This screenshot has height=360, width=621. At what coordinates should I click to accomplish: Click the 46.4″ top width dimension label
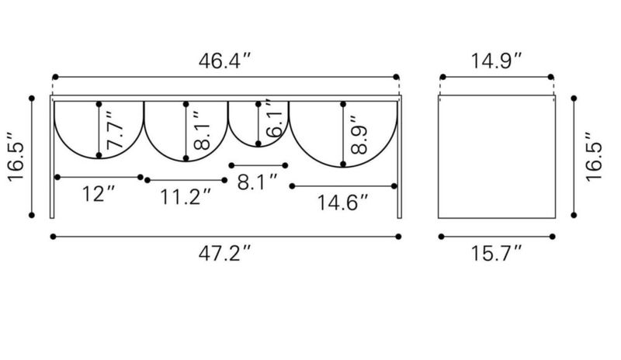[224, 61]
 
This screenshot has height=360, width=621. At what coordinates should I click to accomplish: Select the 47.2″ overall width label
[224, 253]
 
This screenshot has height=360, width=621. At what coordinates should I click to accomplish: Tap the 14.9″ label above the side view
[496, 61]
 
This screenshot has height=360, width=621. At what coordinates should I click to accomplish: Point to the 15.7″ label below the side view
[496, 253]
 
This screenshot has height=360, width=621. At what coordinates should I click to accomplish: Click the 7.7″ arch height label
[114, 130]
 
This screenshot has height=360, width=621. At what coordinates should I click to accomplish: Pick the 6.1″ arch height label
[275, 118]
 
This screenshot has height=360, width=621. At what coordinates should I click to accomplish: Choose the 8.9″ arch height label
[359, 135]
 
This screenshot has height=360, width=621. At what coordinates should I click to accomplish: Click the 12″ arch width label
[99, 194]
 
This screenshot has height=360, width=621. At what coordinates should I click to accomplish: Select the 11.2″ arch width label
[186, 196]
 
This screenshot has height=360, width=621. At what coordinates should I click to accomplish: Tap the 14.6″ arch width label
[343, 202]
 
